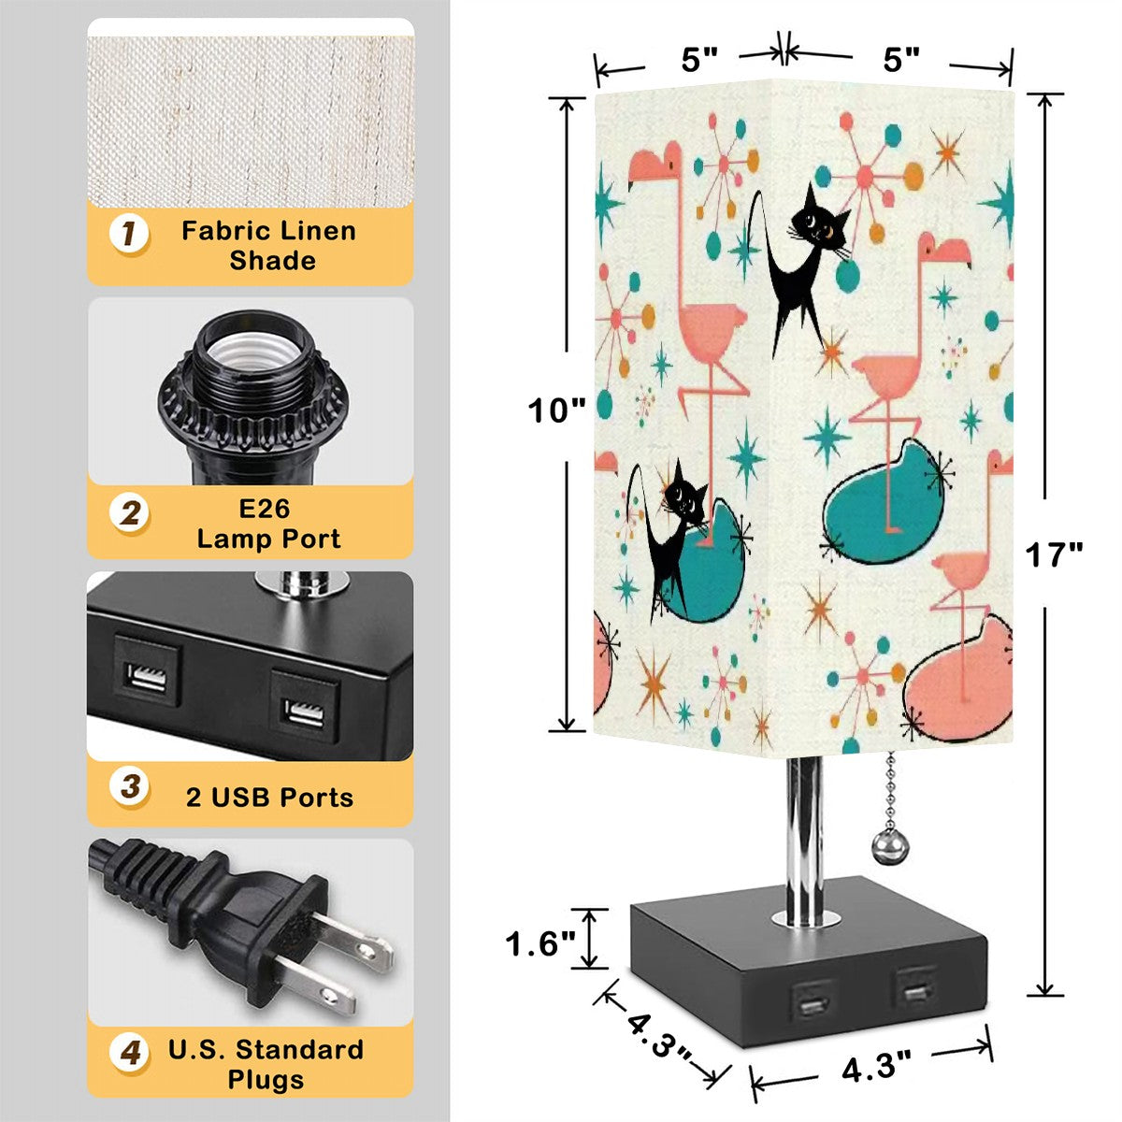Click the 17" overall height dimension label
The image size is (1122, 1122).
[x=1054, y=555]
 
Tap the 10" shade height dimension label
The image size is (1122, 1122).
[x=556, y=410]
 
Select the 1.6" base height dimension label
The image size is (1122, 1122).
[x=540, y=943]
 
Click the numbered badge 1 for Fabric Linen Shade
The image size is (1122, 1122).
[x=129, y=234]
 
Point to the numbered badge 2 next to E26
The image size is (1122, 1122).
[x=130, y=512]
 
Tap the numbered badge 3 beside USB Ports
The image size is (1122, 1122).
[x=130, y=785]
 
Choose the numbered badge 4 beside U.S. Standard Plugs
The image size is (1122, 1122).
[x=130, y=1054]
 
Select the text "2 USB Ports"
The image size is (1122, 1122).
[x=269, y=798]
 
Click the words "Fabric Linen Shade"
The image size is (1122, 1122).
[x=268, y=245]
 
